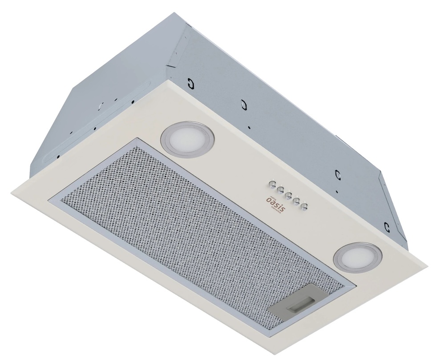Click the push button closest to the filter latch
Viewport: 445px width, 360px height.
coord(305,205)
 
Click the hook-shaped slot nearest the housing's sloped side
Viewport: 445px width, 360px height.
coord(189,83)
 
